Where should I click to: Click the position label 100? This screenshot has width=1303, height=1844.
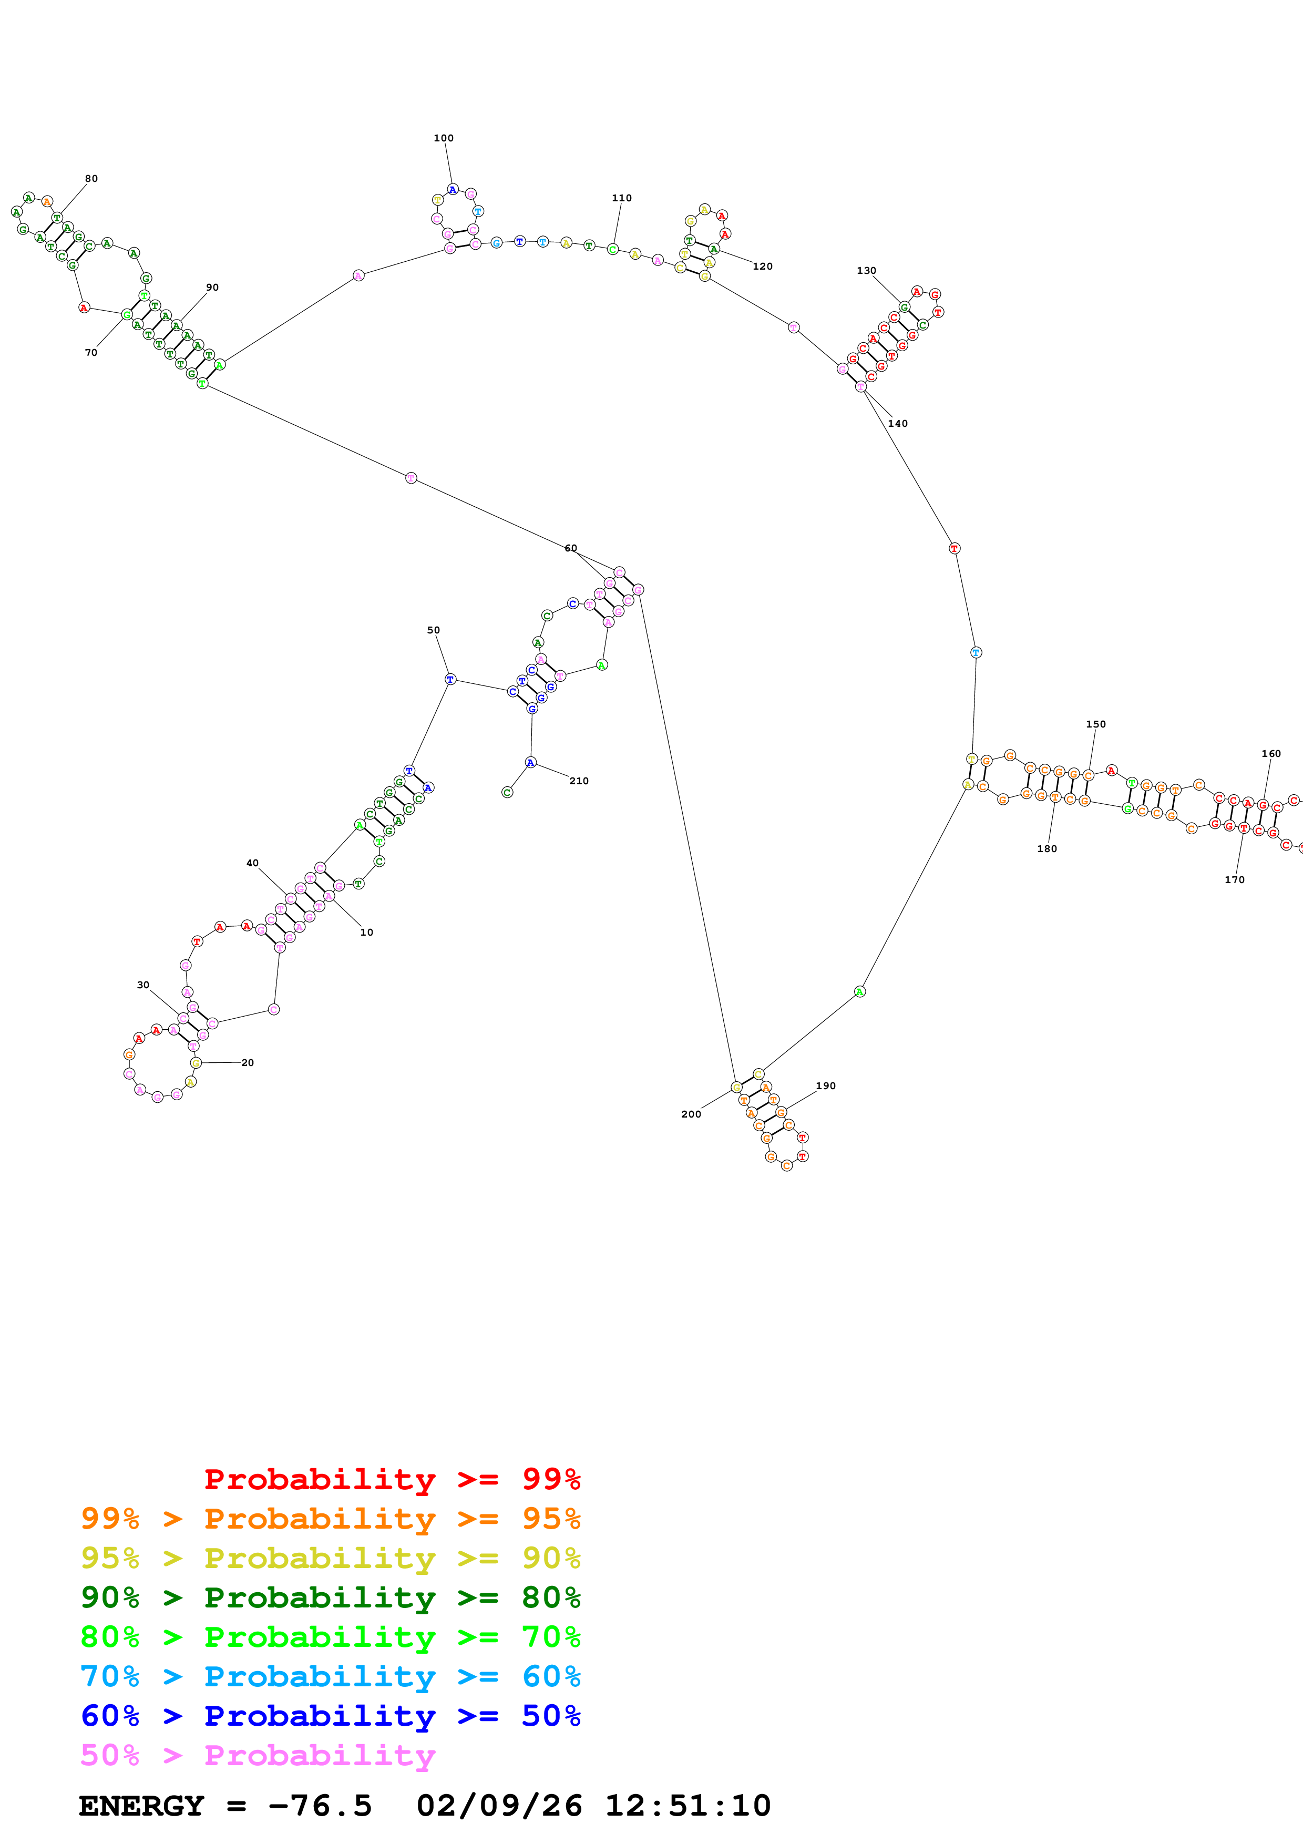pos(443,138)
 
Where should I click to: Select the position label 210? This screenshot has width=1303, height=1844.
pos(578,781)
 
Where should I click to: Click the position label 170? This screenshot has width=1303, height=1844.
pos(1234,879)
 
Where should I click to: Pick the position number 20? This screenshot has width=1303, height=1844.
pos(247,1062)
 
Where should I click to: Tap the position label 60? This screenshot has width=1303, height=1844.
pos(570,548)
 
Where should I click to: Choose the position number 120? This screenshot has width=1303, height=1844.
pos(762,266)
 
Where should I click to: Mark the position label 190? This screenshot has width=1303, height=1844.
pos(825,1086)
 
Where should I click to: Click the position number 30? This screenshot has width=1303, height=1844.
pos(143,985)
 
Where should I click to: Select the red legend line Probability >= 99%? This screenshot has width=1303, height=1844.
pos(392,1479)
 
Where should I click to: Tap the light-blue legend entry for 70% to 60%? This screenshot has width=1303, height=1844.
pos(330,1676)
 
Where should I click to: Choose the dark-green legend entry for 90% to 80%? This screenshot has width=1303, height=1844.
pos(330,1597)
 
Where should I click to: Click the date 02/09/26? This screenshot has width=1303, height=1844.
pos(499,1806)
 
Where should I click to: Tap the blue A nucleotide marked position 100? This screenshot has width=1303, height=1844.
pos(452,190)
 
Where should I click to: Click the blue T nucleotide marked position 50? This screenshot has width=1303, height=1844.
pos(450,680)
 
